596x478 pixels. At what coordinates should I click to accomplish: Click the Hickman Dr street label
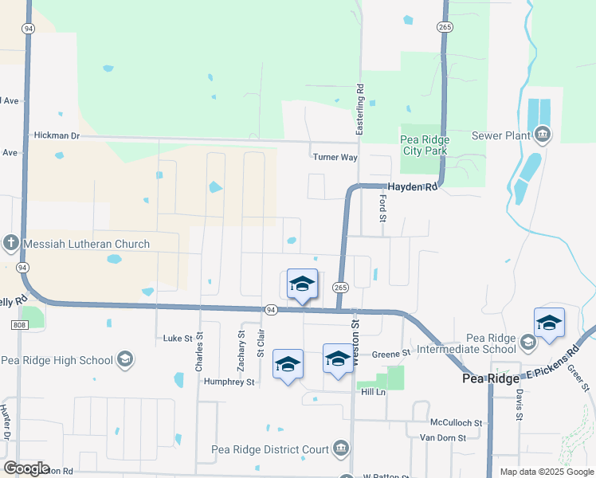pos(57,135)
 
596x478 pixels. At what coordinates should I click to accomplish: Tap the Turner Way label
pos(335,157)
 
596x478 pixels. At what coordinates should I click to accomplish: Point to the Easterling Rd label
pos(360,109)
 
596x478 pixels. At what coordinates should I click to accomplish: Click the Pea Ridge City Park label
pos(425,144)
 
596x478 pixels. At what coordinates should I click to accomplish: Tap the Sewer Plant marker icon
pos(543,135)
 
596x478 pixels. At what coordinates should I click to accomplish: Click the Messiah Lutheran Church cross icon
pos(10,243)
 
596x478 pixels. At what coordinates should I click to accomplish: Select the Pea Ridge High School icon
pos(125,359)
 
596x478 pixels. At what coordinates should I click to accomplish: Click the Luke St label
pos(178,339)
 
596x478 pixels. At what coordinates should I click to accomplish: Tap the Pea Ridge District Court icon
pos(341,449)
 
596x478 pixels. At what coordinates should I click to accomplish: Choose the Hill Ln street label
pos(373,393)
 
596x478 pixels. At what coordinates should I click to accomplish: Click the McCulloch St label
pos(457,422)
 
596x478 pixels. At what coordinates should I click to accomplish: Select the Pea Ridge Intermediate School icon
pos(527,343)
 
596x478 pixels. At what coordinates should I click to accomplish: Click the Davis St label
pos(518,405)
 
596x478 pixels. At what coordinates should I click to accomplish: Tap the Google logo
pos(26,468)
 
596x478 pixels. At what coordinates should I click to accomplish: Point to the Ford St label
pos(382,208)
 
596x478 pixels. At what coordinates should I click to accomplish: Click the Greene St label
pos(390,353)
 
